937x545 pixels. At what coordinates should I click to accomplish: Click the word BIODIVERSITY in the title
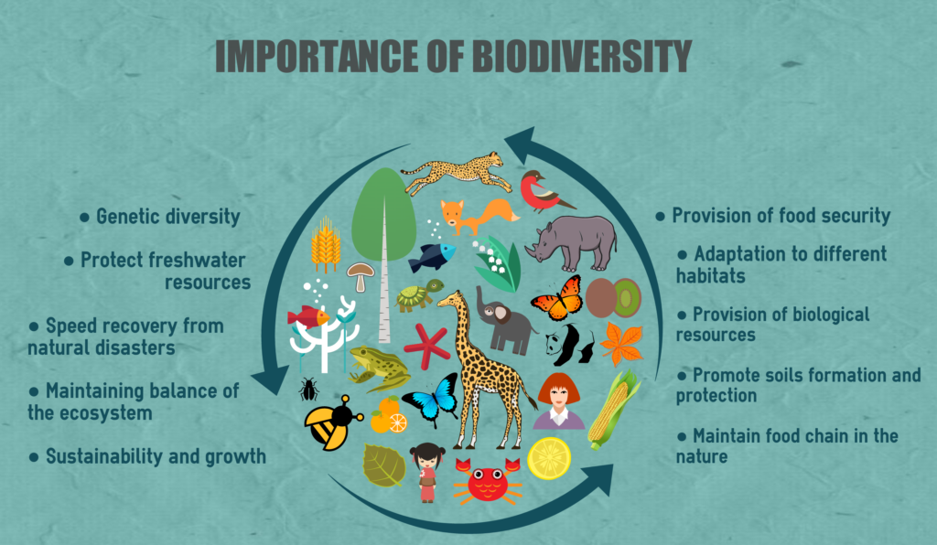(581, 56)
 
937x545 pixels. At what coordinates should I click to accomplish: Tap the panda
(569, 345)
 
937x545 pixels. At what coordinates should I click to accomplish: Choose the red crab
(488, 481)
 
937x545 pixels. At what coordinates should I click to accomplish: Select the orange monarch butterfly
(557, 298)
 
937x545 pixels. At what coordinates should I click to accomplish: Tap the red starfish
(426, 345)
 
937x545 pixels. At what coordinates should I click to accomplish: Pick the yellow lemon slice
(549, 458)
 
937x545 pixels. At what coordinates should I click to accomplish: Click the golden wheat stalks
(326, 245)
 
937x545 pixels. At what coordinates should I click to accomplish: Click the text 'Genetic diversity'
(168, 216)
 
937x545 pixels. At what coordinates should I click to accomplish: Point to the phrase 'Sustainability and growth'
(156, 456)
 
